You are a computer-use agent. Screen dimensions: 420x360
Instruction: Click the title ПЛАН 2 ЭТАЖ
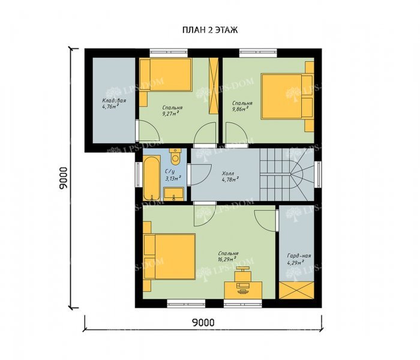[210, 30]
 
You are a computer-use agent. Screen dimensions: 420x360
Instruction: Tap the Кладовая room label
[114, 100]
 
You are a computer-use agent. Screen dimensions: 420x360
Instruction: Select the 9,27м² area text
[170, 113]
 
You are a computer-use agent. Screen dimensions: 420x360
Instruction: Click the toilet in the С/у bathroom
[175, 157]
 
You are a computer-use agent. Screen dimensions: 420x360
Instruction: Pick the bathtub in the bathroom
[152, 178]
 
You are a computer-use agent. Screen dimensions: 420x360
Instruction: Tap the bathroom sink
[173, 194]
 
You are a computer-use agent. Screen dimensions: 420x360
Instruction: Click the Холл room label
[228, 173]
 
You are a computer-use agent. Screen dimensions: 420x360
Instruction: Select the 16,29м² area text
[227, 259]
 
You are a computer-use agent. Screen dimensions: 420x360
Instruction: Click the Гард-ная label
[299, 256]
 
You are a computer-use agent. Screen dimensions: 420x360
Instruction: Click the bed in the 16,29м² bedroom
[169, 257]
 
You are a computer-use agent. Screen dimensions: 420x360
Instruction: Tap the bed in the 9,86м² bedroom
[287, 97]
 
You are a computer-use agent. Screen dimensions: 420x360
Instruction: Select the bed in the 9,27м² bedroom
[166, 74]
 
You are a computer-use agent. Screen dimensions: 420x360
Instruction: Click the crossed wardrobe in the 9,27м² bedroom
[214, 86]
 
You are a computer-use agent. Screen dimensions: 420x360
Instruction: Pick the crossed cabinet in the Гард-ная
[296, 290]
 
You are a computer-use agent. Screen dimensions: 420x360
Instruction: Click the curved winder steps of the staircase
[302, 174]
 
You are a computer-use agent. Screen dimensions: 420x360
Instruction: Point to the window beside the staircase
[318, 175]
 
